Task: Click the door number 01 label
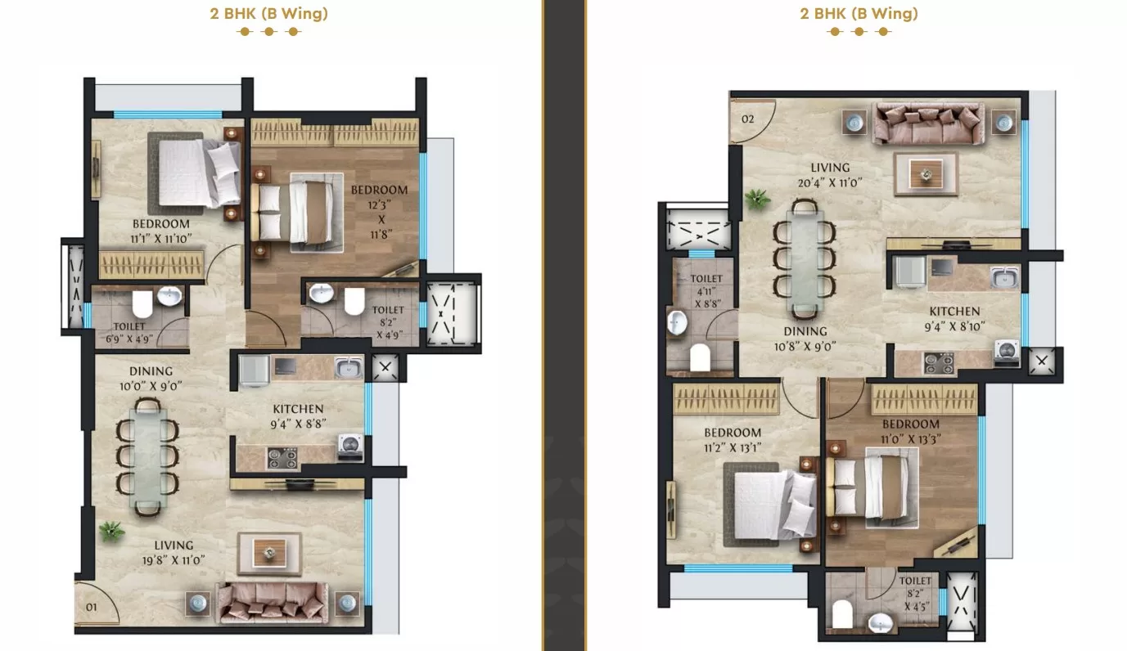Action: point(91,608)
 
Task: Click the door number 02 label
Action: point(747,119)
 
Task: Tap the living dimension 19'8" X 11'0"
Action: point(174,560)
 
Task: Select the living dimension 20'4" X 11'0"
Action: point(830,182)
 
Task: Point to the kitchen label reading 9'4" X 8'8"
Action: point(298,424)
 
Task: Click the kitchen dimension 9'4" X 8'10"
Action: point(954,326)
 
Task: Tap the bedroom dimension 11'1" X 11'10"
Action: point(161,238)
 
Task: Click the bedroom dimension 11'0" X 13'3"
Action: point(911,439)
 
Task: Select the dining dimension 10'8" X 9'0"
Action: point(805,347)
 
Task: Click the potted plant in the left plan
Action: point(110,531)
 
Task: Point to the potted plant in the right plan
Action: point(757,199)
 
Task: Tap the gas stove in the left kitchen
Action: point(282,458)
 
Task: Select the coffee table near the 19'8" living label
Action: point(269,554)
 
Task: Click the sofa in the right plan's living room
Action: point(928,123)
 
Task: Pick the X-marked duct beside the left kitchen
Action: point(385,367)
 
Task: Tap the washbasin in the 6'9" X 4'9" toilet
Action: point(169,296)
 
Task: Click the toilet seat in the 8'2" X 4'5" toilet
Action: point(842,614)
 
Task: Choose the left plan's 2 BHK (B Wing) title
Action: point(268,13)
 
